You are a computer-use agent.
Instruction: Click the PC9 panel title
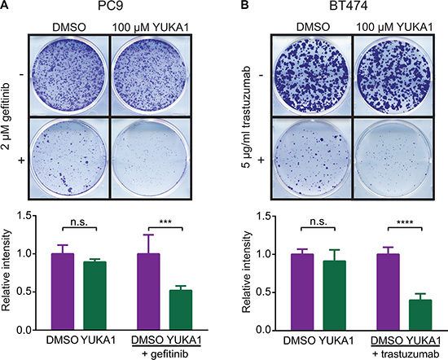tap(110, 6)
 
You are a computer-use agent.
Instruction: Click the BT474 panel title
tap(349, 6)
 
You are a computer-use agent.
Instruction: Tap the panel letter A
tap(4, 5)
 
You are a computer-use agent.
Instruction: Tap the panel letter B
tap(244, 5)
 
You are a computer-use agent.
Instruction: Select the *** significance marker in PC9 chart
tap(165, 222)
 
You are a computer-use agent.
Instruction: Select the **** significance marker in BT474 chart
tap(405, 222)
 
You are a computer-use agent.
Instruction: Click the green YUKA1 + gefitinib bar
tap(181, 310)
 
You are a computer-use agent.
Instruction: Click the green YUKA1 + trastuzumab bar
tap(420, 315)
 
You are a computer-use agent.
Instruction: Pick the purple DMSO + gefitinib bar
tap(148, 292)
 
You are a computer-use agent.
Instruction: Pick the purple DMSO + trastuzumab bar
tap(389, 292)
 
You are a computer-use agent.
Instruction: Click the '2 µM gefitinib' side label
tap(7, 116)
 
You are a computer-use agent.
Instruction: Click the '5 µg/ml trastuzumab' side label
tap(246, 116)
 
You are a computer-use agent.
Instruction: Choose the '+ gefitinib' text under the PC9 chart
tap(166, 354)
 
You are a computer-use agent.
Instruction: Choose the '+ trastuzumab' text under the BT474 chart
tap(406, 353)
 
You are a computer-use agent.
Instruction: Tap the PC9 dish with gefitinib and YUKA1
tap(150, 158)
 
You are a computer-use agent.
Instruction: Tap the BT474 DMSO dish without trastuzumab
tap(311, 76)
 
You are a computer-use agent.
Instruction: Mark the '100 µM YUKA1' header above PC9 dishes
tap(151, 28)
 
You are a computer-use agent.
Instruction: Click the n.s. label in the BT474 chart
tap(318, 222)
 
